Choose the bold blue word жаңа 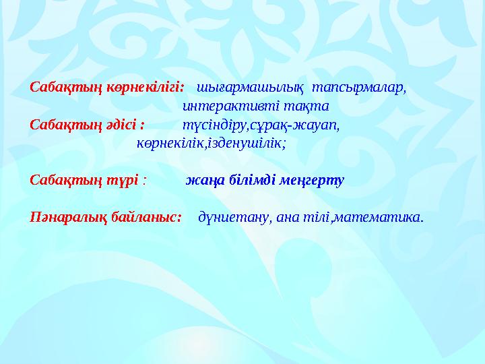coord(203,181)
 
